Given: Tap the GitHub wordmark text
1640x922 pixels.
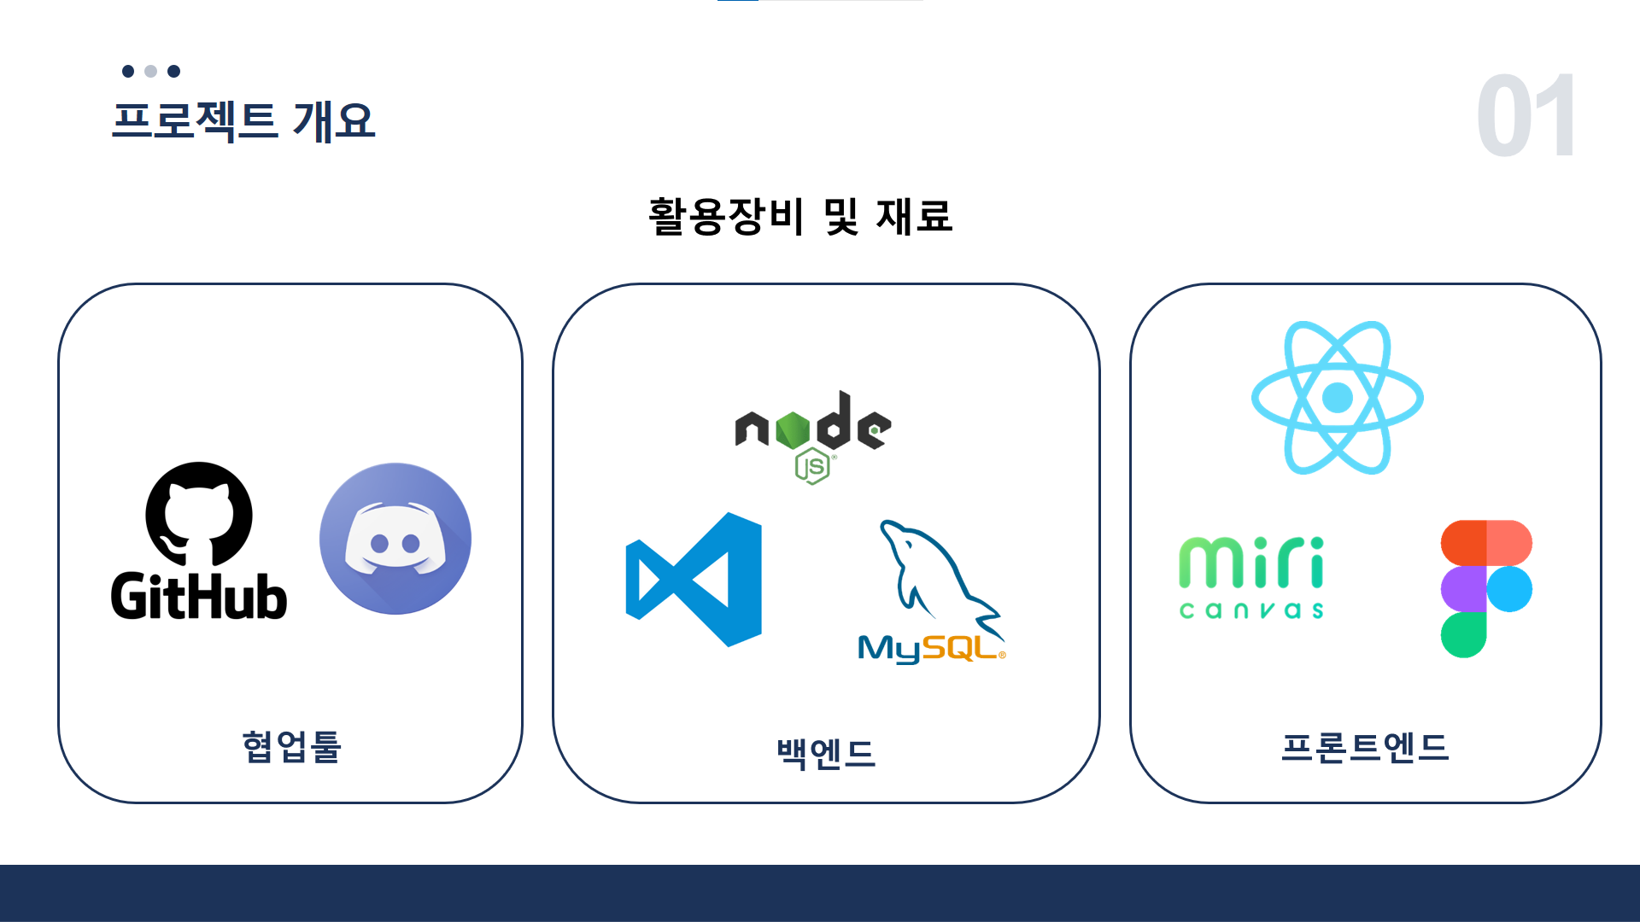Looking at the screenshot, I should pos(199,596).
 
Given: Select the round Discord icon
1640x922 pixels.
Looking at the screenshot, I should pos(395,539).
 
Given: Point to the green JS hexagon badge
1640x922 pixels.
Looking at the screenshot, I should pos(811,467).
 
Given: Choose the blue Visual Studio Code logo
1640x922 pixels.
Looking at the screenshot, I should pos(694,580).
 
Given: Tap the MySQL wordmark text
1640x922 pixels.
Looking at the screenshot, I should pos(929,649).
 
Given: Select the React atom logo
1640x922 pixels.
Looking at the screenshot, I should pos(1338,398).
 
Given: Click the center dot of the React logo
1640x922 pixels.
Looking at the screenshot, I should pos(1338,398).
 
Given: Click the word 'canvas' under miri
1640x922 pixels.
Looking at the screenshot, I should pos(1251,610).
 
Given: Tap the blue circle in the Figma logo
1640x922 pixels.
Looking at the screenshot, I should pos(1509,589).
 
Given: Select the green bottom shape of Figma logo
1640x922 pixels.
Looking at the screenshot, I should pos(1463,635).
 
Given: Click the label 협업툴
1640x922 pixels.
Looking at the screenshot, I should pos(291,747).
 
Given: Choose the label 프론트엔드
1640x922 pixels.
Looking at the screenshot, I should pos(1365,747).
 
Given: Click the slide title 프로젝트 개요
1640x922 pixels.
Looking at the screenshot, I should pos(243,120).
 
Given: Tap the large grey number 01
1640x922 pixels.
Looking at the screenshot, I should pos(1526,116).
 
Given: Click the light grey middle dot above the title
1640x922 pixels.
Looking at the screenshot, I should pos(151,71).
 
